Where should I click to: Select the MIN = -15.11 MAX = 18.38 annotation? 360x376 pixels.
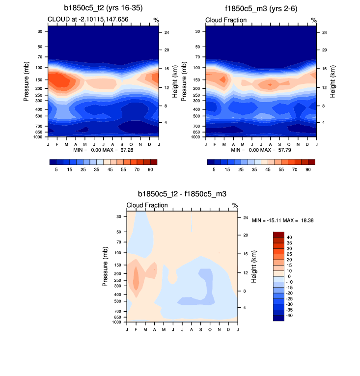tap(282, 221)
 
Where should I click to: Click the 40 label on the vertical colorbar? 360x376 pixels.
tap(289, 237)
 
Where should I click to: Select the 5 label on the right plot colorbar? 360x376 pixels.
tap(214, 169)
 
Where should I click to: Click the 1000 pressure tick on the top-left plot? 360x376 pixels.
tap(42, 137)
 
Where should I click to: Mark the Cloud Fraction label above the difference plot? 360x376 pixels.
tap(147, 205)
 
